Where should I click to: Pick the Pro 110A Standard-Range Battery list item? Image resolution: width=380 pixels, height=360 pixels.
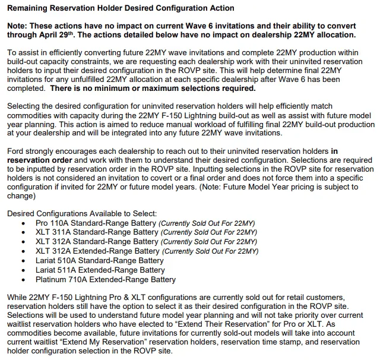click(96, 223)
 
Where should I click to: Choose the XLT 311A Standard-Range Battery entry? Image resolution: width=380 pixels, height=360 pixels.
click(97, 232)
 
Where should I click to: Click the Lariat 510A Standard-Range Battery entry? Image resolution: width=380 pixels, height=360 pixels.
click(100, 261)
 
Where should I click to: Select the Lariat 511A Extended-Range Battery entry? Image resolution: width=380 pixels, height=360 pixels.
click(100, 270)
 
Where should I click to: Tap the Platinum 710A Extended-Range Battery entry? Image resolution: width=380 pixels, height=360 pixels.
click(106, 280)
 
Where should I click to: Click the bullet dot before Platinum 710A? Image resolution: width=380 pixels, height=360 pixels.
click(23, 280)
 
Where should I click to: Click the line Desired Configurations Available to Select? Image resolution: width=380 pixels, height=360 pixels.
click(81, 213)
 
